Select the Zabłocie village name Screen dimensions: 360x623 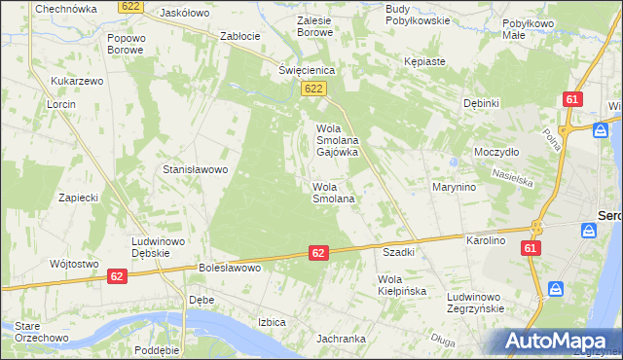pos(240,36)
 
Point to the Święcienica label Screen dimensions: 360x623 pos(307,70)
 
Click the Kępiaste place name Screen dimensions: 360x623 pos(424,61)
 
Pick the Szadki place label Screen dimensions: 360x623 pos(399,251)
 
